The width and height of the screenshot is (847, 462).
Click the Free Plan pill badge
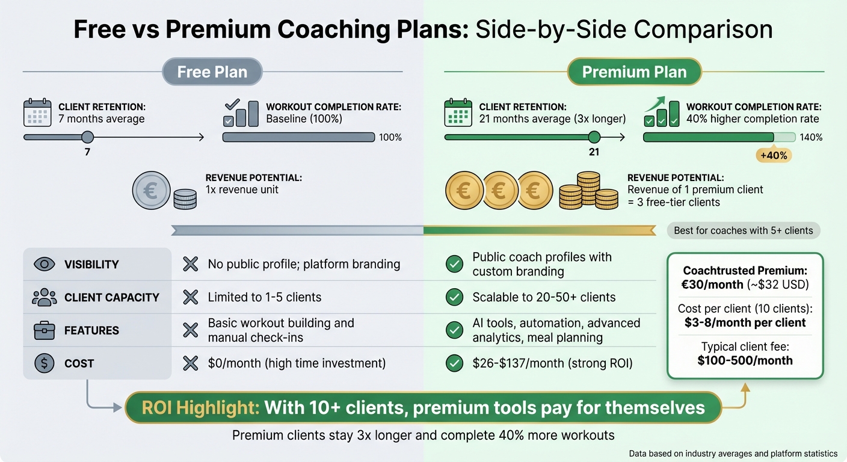click(x=212, y=72)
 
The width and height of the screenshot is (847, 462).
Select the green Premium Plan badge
click(x=634, y=72)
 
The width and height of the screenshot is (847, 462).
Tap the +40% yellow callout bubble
click(x=773, y=155)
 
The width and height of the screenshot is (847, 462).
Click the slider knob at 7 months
click(x=87, y=137)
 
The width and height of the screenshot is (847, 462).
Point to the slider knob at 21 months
click(x=594, y=137)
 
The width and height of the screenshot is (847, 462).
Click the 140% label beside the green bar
click(x=811, y=138)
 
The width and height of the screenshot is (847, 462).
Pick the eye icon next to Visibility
click(x=45, y=264)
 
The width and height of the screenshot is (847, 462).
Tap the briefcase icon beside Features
click(x=45, y=330)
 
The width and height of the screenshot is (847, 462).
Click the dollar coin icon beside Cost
click(x=45, y=363)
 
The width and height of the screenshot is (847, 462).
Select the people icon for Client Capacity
click(x=45, y=297)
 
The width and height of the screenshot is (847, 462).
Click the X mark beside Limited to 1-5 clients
click(x=191, y=297)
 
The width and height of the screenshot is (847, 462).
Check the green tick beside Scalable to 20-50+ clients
click(x=455, y=297)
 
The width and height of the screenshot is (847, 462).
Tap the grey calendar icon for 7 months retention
click(x=37, y=113)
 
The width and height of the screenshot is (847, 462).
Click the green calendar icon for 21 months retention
click(x=458, y=113)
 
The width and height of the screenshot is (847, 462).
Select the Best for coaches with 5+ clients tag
click(x=744, y=230)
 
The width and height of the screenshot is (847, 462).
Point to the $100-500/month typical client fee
click(x=745, y=361)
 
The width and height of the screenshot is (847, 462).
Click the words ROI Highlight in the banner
click(x=200, y=408)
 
